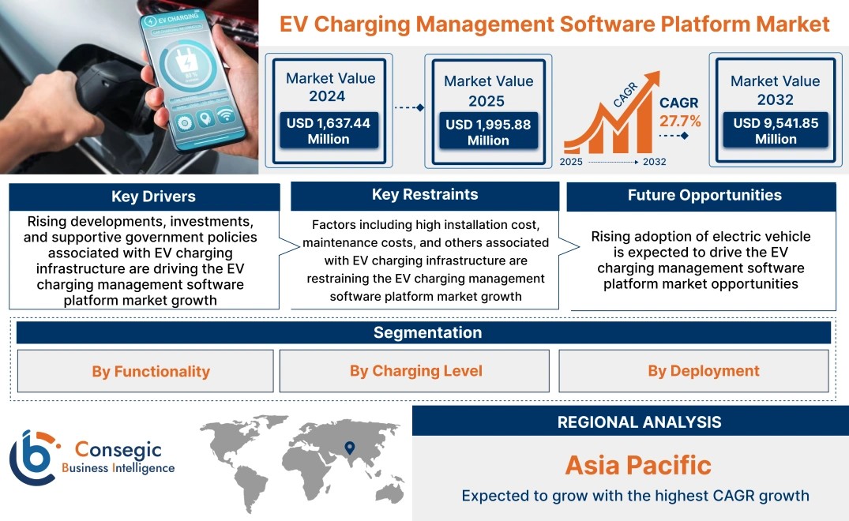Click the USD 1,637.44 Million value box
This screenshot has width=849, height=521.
pos(329,130)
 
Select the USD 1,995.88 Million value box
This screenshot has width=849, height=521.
pos(488,132)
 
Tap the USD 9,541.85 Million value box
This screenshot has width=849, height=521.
pos(776,130)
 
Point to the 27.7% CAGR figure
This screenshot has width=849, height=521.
pos(680,121)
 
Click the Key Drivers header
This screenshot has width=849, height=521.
pos(153,197)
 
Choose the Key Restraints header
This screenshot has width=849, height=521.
pos(425,195)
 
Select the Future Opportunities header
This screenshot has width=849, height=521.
pos(704,195)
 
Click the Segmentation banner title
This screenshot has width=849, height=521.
pos(428,332)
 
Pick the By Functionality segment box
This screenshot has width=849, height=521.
pos(145,371)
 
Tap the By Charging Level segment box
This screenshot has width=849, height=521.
pos(414,370)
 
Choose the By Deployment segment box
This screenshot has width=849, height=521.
pos(693,370)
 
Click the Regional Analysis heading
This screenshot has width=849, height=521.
pos(640,422)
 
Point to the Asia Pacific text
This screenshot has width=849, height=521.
pos(638,465)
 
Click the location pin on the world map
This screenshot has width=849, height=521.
pos(350,448)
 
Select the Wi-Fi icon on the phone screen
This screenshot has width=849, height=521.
pos(225,115)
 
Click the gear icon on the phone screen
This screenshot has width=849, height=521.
pos(185,123)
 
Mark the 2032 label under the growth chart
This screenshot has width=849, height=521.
pos(655,162)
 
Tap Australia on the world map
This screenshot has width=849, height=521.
pos(390,492)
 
